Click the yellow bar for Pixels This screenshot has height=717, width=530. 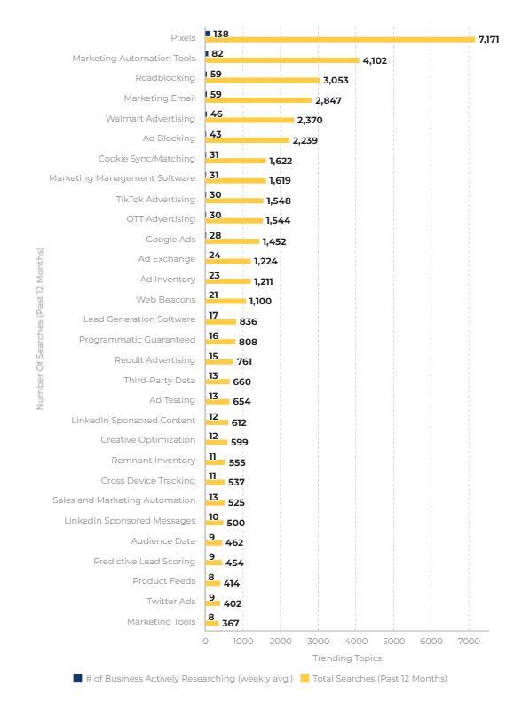point(340,40)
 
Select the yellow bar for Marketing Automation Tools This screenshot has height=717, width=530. point(282,60)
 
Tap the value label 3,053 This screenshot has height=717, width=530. point(336,80)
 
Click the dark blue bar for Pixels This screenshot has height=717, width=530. point(208,34)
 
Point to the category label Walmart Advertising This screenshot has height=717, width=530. point(150,118)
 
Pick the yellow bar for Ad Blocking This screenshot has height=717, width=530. point(248,140)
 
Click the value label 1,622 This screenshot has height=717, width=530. point(281,161)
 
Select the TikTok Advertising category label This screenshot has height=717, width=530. point(155,200)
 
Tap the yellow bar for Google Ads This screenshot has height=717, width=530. point(233,241)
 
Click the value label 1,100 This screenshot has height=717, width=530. point(260,301)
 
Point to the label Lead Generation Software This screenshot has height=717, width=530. point(139,319)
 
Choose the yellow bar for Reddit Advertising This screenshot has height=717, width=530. point(219,362)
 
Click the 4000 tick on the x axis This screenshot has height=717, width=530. point(356,641)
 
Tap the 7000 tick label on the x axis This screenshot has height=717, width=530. point(469,641)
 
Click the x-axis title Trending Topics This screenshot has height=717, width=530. point(347,658)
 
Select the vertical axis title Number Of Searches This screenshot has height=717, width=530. point(40,328)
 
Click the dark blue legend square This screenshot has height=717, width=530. point(78,678)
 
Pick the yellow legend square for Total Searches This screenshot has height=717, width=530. point(305,678)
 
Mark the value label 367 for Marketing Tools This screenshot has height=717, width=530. point(231,623)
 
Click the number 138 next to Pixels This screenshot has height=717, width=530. point(221,35)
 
